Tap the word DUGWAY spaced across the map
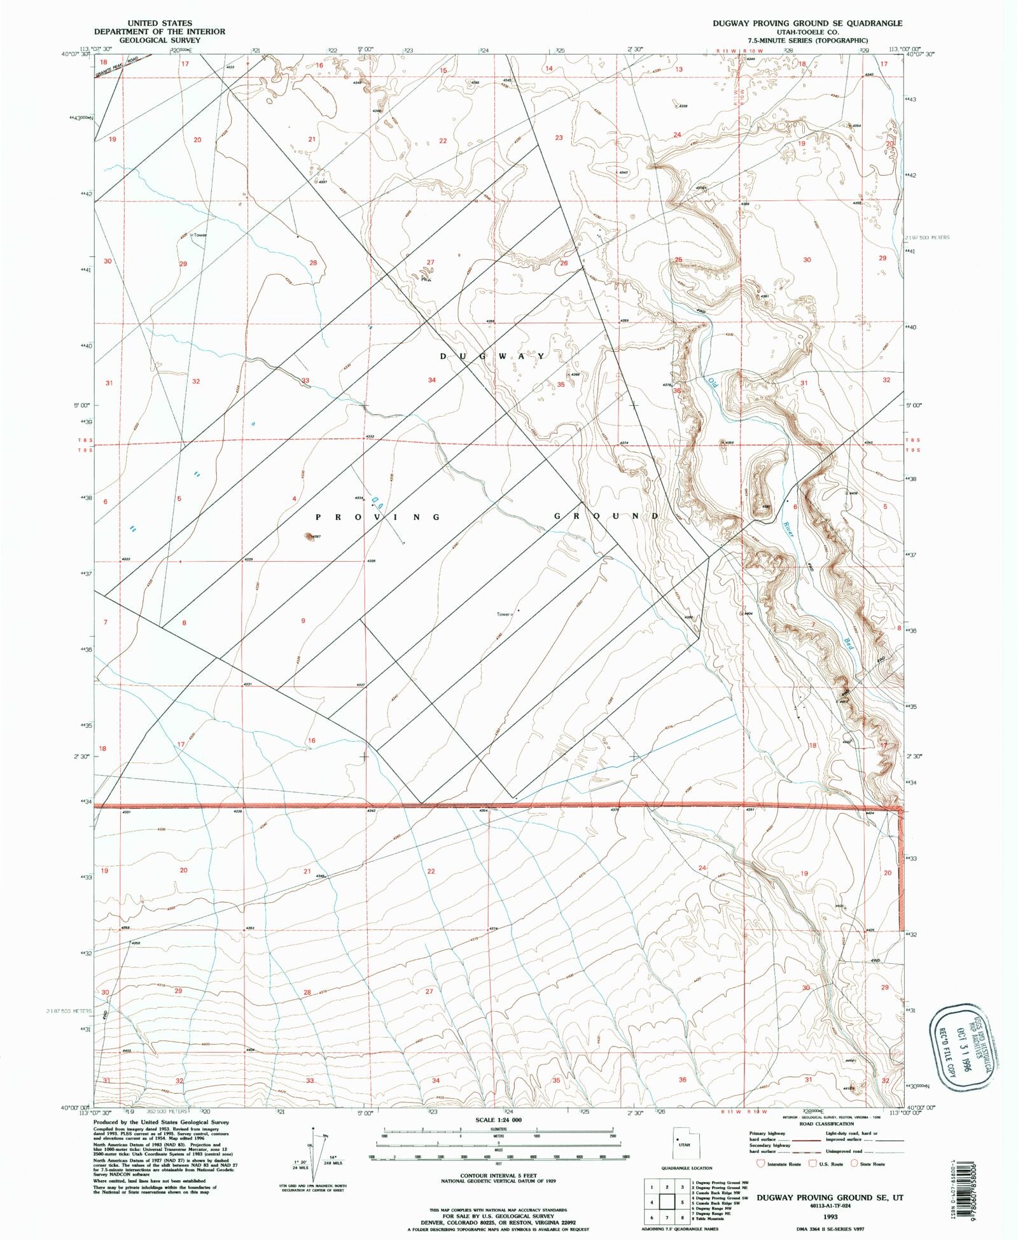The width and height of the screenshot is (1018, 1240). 492,356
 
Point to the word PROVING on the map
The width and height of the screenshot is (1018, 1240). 378,517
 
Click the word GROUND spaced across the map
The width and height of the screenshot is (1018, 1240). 606,516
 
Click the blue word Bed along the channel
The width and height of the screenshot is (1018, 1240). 849,643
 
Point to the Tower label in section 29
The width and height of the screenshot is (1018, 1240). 200,235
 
